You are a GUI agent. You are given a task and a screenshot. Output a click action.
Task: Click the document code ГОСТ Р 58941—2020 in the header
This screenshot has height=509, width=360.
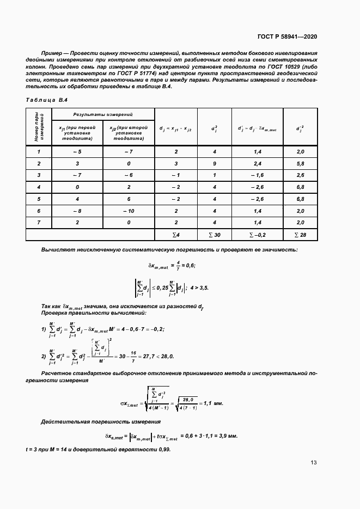[x=287, y=36]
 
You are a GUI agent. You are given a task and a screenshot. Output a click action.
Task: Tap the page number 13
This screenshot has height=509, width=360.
[x=313, y=463]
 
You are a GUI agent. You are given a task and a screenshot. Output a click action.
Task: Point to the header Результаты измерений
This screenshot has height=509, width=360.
[x=103, y=114]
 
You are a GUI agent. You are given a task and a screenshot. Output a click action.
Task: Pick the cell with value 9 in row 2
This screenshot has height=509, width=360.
[x=214, y=163]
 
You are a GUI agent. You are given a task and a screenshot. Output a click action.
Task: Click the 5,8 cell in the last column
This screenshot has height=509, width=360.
[x=300, y=163]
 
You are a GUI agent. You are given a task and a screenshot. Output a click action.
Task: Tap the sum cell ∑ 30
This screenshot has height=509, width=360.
[x=214, y=235]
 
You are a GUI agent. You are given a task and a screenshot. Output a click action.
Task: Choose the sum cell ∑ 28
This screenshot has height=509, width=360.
[x=300, y=235]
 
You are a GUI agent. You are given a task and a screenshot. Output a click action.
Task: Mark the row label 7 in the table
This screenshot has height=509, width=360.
[x=39, y=223]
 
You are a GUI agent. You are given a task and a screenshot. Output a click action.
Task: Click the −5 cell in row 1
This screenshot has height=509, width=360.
[x=77, y=151]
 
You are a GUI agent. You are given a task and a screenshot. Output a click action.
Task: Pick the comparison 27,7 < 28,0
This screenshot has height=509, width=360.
[x=157, y=356]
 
